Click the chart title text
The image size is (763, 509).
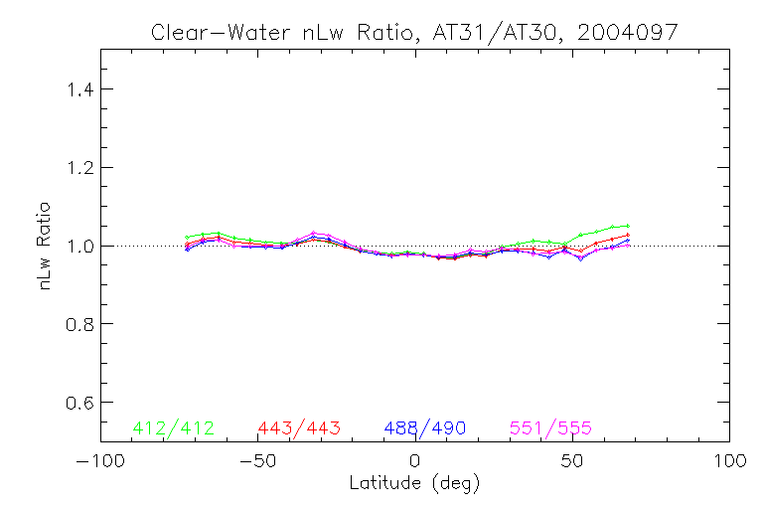414,32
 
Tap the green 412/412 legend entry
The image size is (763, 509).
173,428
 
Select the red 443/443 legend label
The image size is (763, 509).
299,428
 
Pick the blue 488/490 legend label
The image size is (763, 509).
425,428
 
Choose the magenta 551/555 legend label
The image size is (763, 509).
550,428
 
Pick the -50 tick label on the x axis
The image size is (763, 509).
257,462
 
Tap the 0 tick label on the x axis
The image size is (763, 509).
414,462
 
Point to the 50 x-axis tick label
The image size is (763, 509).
572,462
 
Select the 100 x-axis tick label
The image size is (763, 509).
729,462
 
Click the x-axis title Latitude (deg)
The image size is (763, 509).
414,484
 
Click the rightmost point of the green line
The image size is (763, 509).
628,226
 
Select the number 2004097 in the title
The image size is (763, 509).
630,32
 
